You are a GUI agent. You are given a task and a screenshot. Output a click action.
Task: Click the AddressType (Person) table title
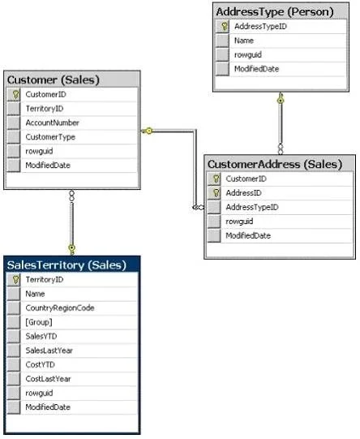point(275,12)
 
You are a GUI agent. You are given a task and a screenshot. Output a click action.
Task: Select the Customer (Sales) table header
point(54,80)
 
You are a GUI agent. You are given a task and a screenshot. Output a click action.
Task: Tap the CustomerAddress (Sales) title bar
point(275,165)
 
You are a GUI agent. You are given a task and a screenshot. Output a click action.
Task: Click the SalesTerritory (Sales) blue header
point(66,265)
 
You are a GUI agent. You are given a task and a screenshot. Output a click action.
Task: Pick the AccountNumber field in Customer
point(53,123)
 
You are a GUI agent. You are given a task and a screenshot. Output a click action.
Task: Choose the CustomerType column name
point(50,137)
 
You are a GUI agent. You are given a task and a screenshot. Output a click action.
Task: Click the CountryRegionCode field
point(60,308)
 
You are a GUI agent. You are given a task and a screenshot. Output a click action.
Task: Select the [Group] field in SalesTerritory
point(39,322)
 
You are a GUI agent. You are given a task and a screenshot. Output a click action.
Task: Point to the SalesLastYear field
point(49,351)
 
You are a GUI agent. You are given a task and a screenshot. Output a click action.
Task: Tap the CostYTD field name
point(40,364)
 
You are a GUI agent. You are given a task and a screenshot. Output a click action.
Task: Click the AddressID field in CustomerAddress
point(243,193)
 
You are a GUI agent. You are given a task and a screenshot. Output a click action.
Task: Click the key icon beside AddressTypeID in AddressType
point(224,26)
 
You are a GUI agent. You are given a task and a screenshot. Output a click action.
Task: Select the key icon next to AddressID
point(216,193)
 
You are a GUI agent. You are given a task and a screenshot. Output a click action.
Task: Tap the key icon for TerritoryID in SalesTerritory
point(15,280)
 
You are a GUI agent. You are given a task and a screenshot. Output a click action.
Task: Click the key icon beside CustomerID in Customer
point(15,95)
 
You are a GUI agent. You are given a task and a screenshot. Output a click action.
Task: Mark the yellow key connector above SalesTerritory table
point(72,249)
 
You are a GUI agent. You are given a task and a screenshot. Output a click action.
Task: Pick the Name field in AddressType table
point(244,41)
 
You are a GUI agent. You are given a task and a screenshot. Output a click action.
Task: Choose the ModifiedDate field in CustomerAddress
point(248,235)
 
